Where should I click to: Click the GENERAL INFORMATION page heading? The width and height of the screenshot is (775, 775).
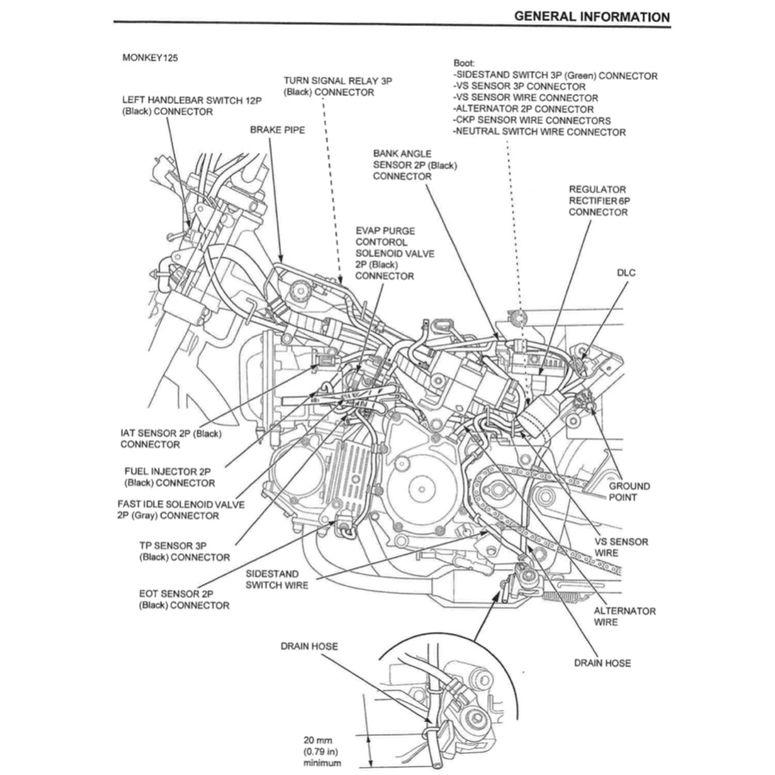coord(591,16)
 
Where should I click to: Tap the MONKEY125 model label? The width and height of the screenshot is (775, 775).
coord(150,58)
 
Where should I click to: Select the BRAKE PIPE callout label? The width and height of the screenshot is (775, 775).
coord(277,130)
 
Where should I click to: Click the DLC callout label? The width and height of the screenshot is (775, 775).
coord(627,272)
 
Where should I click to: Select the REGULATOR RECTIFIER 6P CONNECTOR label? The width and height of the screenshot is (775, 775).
coord(598,201)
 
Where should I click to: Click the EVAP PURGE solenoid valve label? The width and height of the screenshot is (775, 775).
coord(394,253)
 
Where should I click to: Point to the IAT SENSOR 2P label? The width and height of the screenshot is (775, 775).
coord(170,439)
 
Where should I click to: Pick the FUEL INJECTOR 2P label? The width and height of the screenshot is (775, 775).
coord(169,477)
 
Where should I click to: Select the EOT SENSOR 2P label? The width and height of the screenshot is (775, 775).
coord(184,599)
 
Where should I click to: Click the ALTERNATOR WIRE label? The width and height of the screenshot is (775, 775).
coord(624,616)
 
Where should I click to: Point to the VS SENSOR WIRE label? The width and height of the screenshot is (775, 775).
coord(621,547)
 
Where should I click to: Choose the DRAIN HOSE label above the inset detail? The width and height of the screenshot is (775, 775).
coord(309,646)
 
